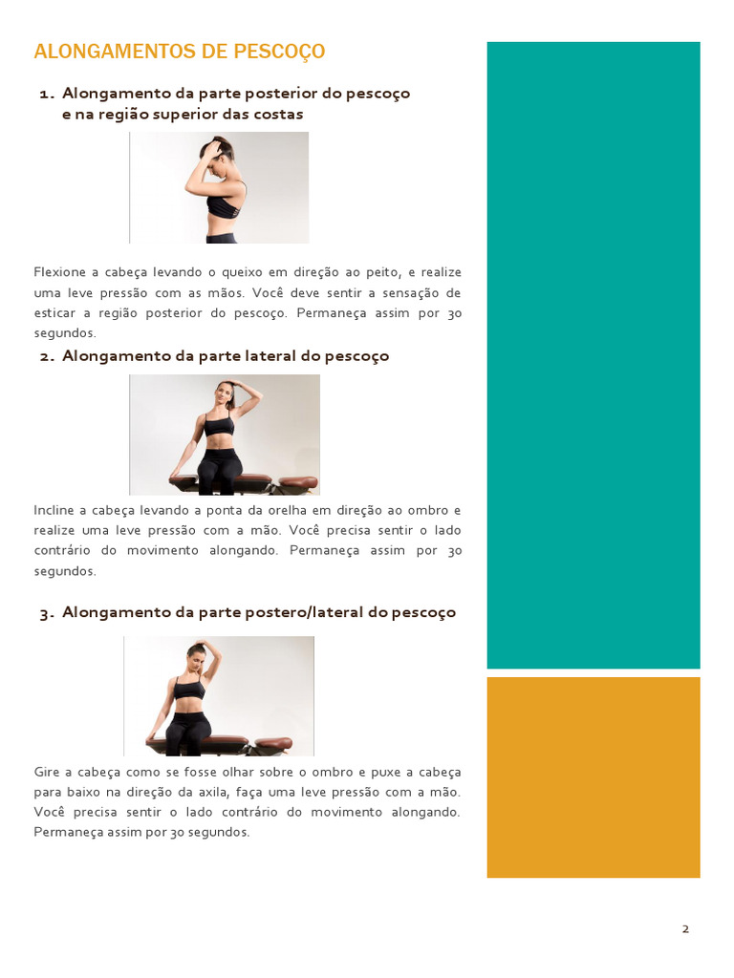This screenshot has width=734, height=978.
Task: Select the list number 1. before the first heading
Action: [47, 94]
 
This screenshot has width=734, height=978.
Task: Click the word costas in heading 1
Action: [278, 115]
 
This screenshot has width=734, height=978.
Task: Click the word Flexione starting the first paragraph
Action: [59, 272]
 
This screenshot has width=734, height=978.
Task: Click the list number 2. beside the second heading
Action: [47, 356]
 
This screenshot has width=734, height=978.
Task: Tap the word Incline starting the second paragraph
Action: [54, 510]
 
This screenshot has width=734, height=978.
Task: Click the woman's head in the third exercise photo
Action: [197, 657]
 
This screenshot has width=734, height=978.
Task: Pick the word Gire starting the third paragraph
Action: [47, 772]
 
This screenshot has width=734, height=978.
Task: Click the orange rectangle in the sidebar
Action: [593, 776]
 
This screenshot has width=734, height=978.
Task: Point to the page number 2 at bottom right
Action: [685, 929]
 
